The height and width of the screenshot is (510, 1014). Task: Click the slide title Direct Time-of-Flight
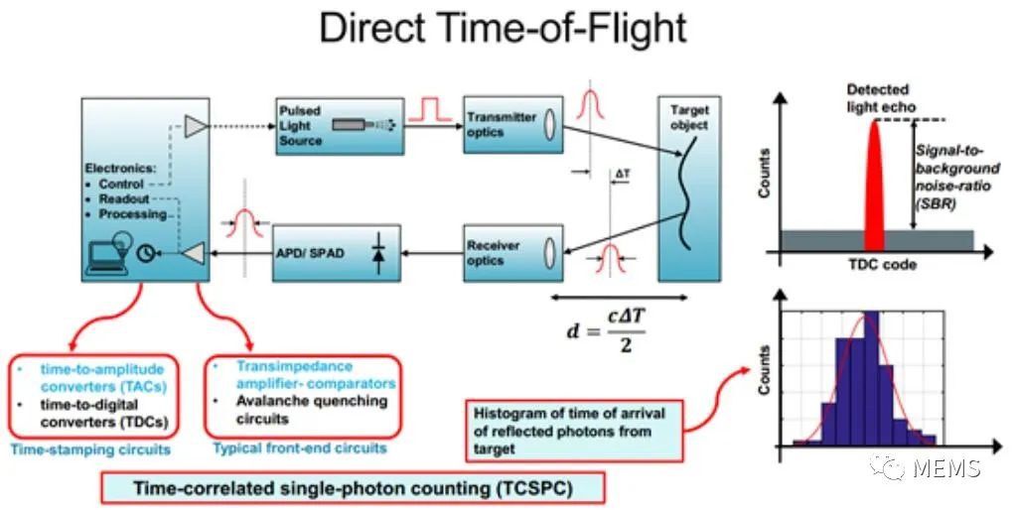coord(503,29)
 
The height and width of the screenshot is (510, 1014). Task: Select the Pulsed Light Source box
coord(341,126)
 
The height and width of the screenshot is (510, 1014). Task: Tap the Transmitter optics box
coord(512,125)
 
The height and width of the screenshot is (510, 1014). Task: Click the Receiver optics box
coord(512,253)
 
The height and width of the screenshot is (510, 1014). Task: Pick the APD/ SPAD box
coord(337,253)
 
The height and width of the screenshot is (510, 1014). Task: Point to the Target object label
coord(689,118)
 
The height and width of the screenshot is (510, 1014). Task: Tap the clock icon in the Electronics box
coord(146,254)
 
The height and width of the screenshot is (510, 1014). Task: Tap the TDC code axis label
coord(882,264)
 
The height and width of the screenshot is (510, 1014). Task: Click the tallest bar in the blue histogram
coord(871,379)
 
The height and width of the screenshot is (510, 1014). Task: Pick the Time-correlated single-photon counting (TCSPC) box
coord(354,487)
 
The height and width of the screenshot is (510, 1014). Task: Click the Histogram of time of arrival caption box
coord(574,431)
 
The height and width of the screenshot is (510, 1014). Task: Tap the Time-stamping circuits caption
coord(90,449)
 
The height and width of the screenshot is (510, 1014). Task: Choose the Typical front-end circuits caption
coord(300,447)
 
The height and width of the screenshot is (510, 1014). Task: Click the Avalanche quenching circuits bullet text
coord(312,410)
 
